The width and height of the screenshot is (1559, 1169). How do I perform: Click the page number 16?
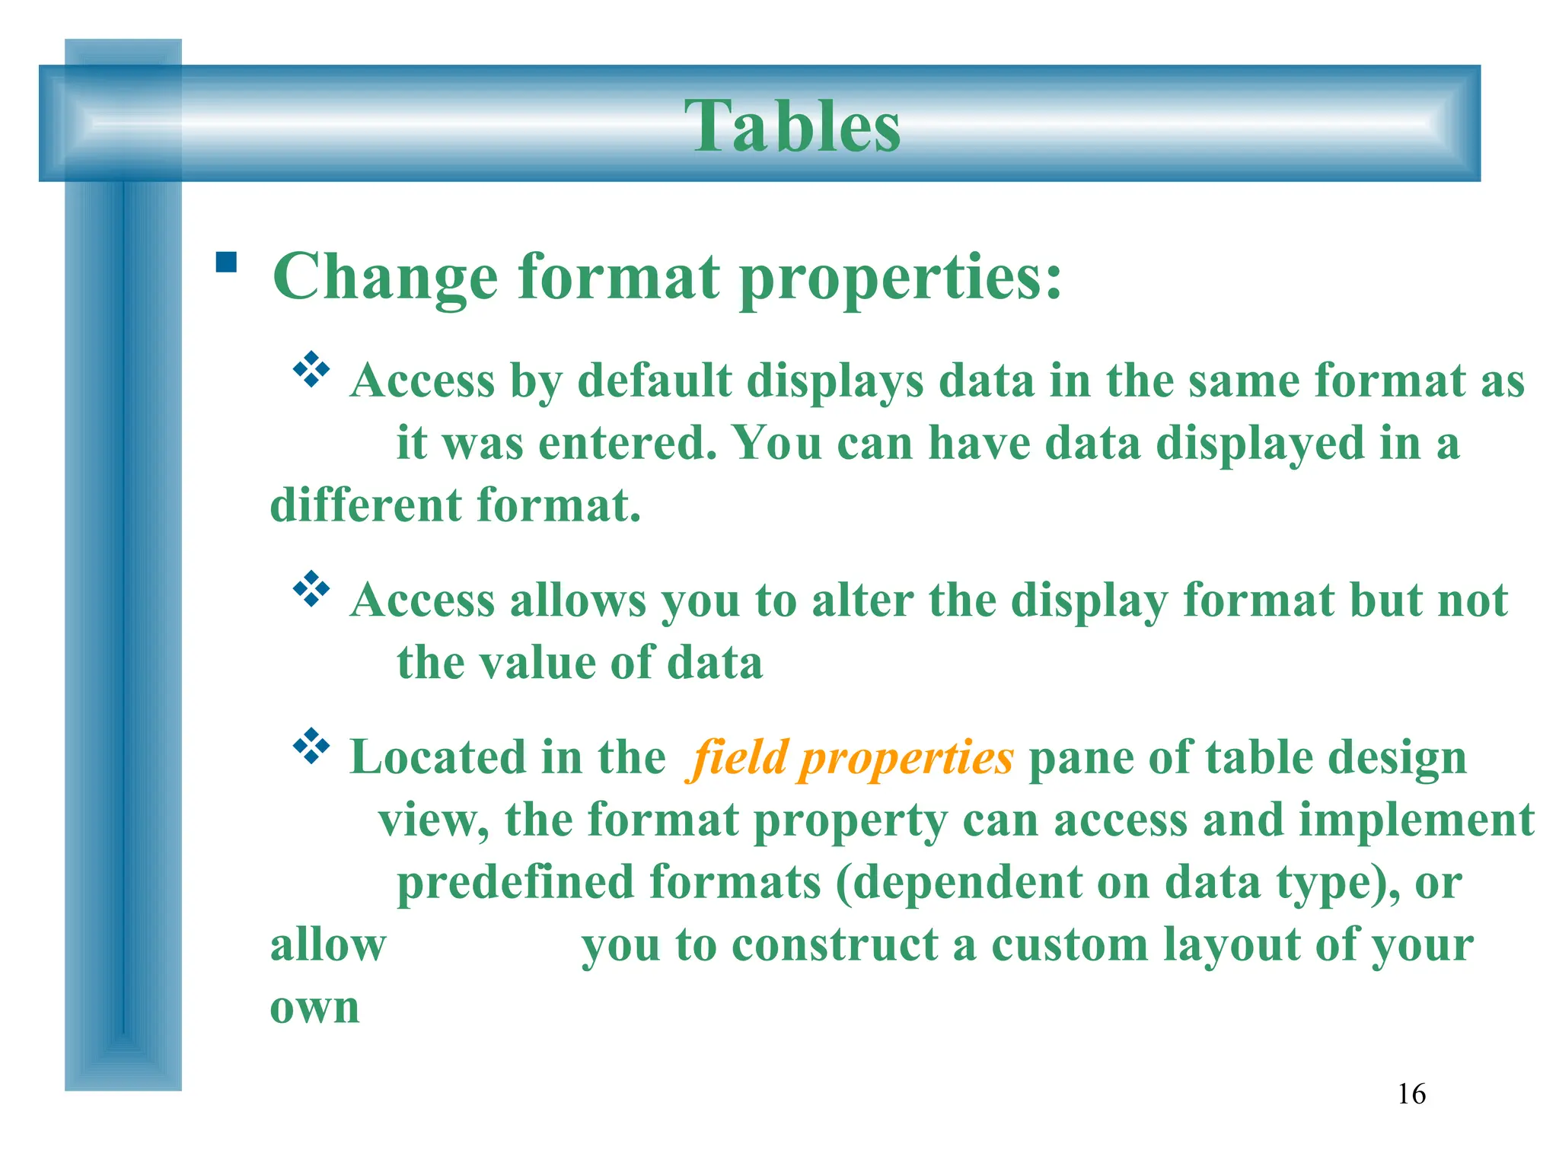(1411, 1094)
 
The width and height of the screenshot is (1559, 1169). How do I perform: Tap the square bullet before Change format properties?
(226, 263)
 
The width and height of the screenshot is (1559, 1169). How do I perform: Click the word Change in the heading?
(385, 278)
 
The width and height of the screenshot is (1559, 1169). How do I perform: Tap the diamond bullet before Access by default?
(311, 370)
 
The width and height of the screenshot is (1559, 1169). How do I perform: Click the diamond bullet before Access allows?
(311, 589)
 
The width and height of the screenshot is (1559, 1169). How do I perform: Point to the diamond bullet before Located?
(311, 747)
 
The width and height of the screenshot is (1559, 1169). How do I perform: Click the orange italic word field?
(738, 757)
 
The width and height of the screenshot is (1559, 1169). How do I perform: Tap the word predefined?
(515, 883)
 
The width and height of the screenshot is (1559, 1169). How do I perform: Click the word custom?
(1069, 945)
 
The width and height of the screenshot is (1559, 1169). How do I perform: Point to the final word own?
(314, 1008)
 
